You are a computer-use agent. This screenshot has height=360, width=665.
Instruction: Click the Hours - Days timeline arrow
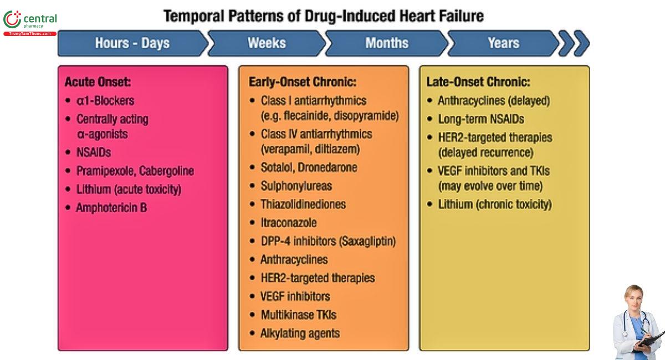[x=132, y=43]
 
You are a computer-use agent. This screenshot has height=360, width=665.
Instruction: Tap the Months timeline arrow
[x=387, y=43]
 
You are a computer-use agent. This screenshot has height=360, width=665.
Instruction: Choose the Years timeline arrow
[x=503, y=43]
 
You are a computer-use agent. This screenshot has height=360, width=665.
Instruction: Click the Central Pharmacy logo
[x=30, y=22]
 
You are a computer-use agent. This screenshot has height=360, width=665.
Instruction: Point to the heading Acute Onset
[x=98, y=82]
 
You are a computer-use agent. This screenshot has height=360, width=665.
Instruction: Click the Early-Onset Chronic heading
[x=302, y=82]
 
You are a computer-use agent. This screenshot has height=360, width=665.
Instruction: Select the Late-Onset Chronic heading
[x=478, y=82]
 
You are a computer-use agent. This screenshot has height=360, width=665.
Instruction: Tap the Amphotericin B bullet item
[x=111, y=208]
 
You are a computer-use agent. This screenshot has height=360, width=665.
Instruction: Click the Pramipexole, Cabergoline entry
[x=135, y=171]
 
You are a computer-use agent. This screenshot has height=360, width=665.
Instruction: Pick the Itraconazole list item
[x=289, y=223]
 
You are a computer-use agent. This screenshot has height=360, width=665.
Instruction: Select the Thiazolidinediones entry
[x=303, y=204]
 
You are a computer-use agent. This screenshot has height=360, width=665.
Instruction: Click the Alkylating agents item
[x=300, y=333]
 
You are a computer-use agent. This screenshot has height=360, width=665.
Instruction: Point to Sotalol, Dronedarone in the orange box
[x=309, y=167]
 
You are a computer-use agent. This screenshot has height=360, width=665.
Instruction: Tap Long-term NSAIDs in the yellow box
[x=480, y=119]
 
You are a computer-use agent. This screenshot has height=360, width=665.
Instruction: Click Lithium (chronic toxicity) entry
[x=494, y=204]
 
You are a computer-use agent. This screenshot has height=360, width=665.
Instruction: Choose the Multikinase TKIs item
[x=298, y=315]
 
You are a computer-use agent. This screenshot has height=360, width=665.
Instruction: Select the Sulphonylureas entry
[x=296, y=186]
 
